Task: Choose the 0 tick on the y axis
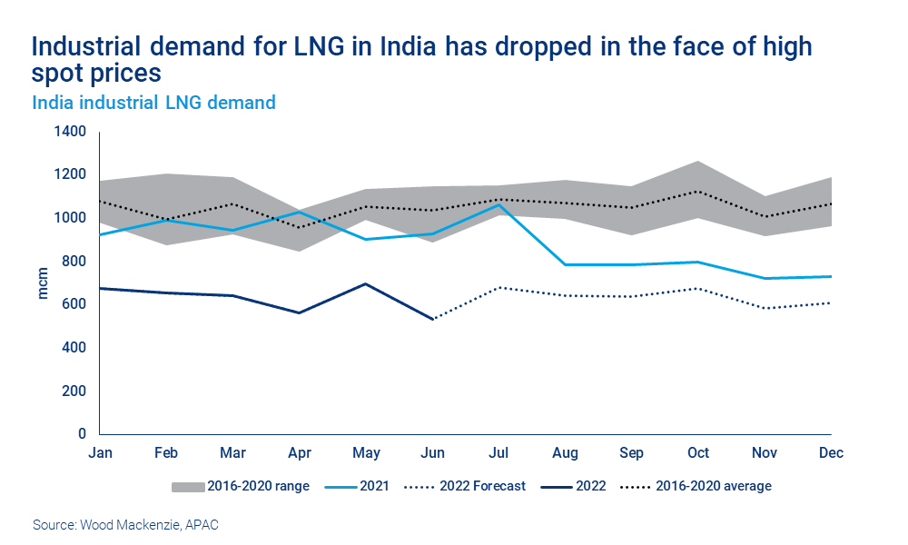point(81,434)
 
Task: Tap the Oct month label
point(698,452)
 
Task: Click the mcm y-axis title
point(43,283)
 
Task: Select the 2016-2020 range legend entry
point(241,486)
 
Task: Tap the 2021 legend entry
point(359,486)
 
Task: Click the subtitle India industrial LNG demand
point(153,103)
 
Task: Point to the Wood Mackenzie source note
point(124,525)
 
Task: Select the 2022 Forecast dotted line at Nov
point(765,308)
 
